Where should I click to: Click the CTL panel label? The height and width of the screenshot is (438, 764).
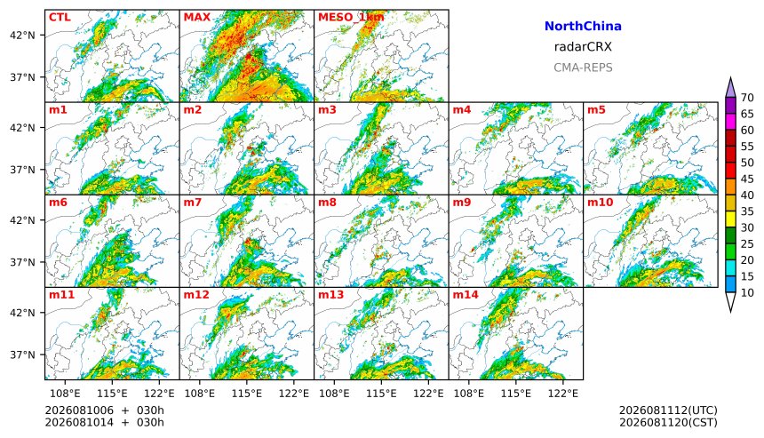pos(60,18)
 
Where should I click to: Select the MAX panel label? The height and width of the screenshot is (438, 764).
pos(197,18)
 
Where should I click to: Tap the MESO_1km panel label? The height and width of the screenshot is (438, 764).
pos(351,18)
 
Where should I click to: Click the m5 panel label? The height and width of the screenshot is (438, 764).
pos(596,109)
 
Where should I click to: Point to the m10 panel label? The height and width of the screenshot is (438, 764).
pos(600,203)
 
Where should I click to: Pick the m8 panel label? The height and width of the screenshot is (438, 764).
pos(327,203)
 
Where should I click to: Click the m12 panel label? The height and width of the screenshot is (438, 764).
pos(196,295)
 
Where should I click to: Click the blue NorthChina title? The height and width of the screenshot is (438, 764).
pos(583,27)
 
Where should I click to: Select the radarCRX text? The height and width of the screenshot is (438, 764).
pos(583,47)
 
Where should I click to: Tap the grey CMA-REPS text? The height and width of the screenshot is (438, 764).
pos(583,68)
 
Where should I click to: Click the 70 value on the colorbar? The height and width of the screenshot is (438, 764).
pos(747,98)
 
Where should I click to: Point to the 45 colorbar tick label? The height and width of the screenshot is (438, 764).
pos(747,179)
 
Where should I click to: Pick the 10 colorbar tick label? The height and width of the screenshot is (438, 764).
pos(747,293)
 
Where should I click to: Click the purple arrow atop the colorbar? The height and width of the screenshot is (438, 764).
pos(730,88)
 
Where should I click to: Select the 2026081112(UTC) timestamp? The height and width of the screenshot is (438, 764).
pos(668,410)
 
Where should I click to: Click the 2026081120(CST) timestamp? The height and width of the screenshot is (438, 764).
pos(668,422)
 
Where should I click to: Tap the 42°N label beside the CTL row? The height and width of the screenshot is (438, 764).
pos(22,36)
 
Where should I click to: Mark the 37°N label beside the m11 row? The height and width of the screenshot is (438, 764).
pos(22,354)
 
